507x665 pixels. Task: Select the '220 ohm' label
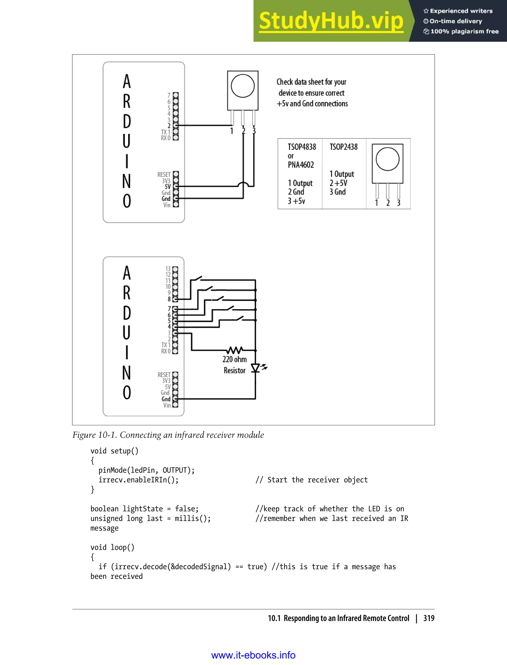click(234, 359)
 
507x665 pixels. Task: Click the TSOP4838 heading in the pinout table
click(302, 147)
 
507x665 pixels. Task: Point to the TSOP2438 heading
click(343, 147)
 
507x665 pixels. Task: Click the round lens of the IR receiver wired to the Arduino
click(243, 86)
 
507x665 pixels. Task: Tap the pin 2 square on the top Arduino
click(176, 125)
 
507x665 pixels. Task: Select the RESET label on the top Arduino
click(164, 175)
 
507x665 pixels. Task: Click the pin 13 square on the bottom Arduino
click(175, 269)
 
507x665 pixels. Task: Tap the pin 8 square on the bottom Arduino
click(175, 299)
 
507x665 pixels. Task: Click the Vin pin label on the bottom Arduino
click(167, 405)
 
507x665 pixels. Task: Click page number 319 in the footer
click(429, 618)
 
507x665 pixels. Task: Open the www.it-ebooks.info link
click(253, 655)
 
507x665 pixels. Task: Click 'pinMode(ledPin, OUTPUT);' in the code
click(146, 470)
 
